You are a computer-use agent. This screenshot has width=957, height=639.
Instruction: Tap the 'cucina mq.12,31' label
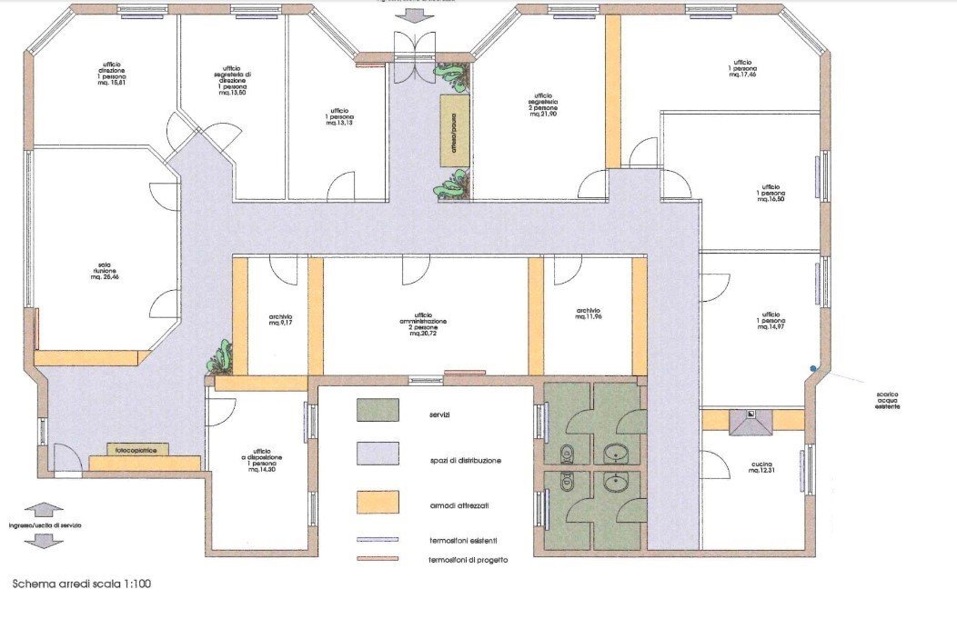point(761,466)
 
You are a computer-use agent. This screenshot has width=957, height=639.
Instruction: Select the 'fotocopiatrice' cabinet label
point(131,449)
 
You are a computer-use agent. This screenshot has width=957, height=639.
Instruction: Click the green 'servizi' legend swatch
point(378,410)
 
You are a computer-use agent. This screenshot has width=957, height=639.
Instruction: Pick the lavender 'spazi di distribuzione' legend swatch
point(378,454)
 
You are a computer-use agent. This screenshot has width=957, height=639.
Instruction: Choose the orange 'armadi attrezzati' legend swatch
point(378,501)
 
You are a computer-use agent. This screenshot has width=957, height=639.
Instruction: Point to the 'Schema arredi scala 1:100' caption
point(81,584)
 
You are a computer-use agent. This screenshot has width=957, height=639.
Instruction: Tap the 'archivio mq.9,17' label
point(279,320)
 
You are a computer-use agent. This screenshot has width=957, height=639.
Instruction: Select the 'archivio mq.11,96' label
point(588,315)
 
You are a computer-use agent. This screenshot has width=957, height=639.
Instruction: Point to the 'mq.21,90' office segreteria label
point(543,106)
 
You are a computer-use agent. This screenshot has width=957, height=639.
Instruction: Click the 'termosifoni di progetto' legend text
point(468,560)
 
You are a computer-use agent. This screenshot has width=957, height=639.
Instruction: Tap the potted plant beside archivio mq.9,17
point(219,358)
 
